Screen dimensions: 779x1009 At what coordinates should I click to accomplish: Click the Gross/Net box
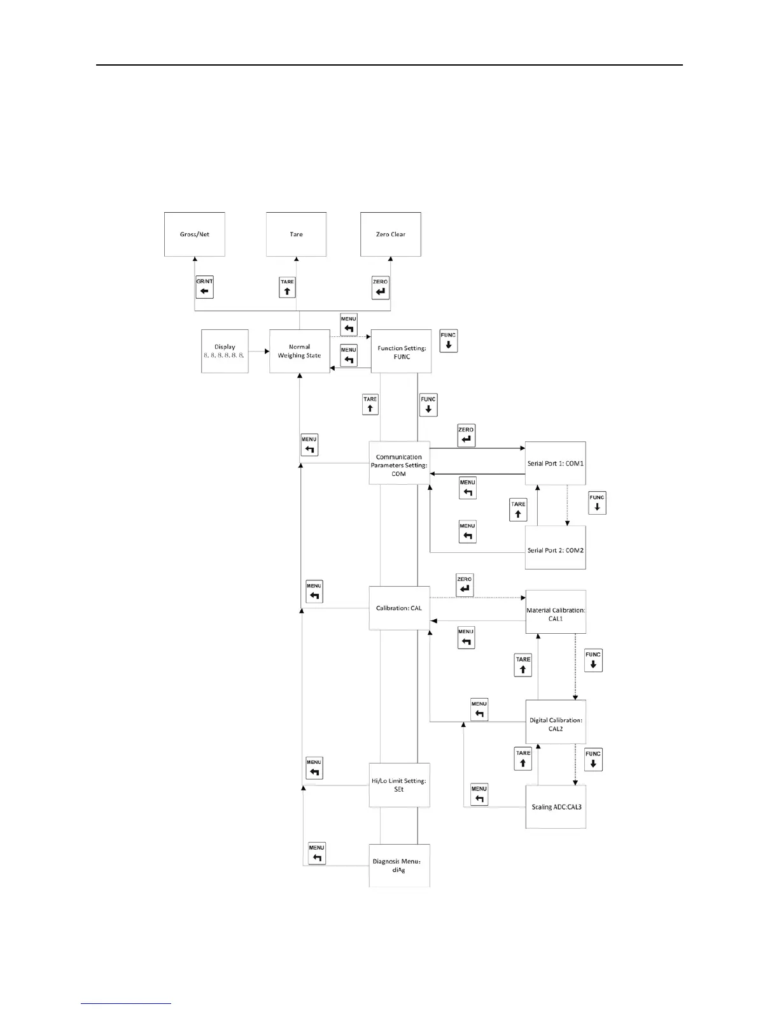[194, 234]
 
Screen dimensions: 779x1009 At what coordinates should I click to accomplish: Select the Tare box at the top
[296, 234]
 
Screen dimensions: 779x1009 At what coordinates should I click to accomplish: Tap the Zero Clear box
[390, 234]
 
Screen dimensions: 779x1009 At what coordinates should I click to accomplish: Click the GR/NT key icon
[204, 288]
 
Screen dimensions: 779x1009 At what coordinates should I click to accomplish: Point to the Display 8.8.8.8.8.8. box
[225, 351]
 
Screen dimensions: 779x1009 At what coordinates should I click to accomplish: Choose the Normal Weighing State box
[299, 351]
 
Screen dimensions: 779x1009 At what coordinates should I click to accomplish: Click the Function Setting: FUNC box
[401, 352]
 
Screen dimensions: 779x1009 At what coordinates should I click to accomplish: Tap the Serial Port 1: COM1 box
[555, 464]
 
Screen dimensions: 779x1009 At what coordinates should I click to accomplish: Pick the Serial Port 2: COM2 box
[555, 548]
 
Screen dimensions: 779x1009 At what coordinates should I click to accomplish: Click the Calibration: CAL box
[399, 608]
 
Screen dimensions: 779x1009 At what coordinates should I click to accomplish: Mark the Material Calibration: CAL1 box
[555, 613]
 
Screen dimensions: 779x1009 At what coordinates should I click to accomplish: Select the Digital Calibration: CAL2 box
[555, 724]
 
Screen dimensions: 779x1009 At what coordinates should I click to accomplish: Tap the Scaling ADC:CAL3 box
[555, 807]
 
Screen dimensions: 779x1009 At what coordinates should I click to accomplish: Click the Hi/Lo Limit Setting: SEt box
[399, 785]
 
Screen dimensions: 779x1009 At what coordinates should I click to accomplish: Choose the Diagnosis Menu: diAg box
[399, 866]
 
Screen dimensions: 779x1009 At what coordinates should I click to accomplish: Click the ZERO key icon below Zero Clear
[381, 288]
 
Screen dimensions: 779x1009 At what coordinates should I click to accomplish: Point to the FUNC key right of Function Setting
[449, 341]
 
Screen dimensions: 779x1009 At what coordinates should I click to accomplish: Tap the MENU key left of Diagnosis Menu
[317, 854]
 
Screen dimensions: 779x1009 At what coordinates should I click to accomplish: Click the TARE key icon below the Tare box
[287, 288]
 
